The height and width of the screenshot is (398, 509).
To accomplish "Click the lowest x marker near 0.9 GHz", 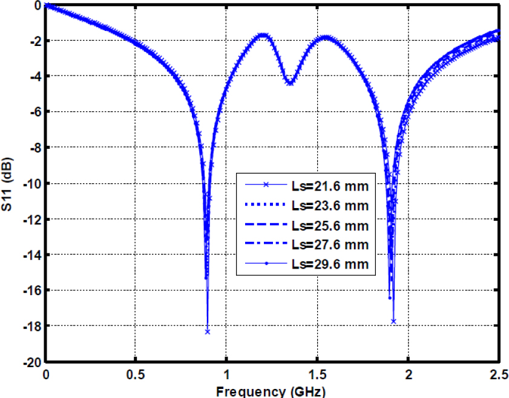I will (x=208, y=331).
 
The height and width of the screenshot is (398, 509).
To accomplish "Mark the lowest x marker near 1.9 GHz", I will (x=393, y=321).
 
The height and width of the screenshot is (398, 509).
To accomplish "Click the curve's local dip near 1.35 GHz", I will (x=290, y=83).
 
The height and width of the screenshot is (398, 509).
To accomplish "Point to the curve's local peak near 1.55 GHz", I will (x=326, y=37).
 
